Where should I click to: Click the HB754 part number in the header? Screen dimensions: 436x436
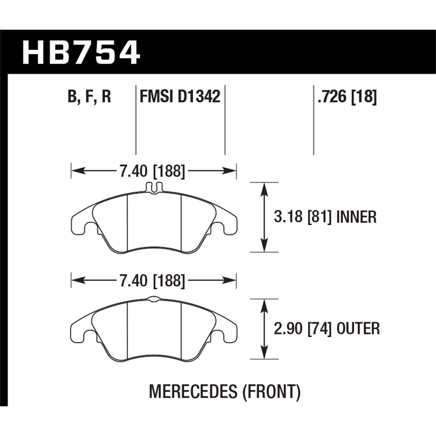pos(81,53)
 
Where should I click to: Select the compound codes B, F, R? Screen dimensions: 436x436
pos(90,97)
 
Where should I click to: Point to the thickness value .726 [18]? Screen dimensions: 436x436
pos(347,97)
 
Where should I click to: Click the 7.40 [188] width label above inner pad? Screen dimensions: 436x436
pos(152,171)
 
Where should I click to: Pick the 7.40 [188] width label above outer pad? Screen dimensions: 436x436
pos(152,280)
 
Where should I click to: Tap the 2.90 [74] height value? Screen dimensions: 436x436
pos(302,329)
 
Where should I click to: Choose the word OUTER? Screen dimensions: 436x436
pos(358,329)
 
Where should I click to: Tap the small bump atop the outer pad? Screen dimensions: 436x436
pos(154,298)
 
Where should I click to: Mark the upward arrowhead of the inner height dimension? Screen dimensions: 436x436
pos(264,188)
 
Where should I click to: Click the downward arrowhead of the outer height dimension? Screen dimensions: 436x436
pos(264,354)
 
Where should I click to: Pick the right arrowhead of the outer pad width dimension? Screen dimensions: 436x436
pos(231,280)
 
